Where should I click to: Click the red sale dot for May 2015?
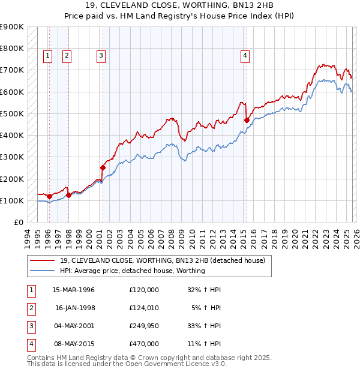click(x=247, y=120)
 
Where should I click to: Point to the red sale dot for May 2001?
click(x=103, y=168)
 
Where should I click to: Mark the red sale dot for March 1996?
click(x=49, y=196)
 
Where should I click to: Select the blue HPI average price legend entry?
click(x=133, y=271)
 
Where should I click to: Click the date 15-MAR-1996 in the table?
click(x=74, y=290)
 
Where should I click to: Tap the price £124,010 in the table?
click(x=144, y=308)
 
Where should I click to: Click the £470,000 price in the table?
click(x=144, y=344)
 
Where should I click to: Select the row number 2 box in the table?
click(x=30, y=308)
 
